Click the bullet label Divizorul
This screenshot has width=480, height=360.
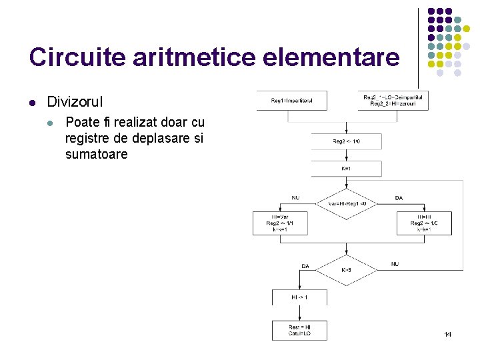tap(75, 102)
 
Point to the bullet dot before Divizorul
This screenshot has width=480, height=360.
tap(32, 103)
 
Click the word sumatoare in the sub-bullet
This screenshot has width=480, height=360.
tap(96, 155)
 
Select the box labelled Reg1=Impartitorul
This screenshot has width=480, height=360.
tap(291, 101)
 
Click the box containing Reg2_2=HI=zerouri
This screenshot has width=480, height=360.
tap(393, 101)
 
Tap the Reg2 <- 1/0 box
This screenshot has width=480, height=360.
tap(346, 141)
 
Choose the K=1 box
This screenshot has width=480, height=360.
tap(346, 169)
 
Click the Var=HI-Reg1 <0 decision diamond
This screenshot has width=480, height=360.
tap(346, 203)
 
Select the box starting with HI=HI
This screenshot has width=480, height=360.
tap(425, 223)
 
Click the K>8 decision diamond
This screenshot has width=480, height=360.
tap(346, 270)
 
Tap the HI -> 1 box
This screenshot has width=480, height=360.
tap(299, 297)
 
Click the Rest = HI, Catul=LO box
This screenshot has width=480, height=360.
tap(299, 330)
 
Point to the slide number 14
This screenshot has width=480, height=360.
tap(447, 333)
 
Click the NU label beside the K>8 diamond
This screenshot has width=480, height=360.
tap(395, 264)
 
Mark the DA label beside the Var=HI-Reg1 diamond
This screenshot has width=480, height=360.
tap(399, 198)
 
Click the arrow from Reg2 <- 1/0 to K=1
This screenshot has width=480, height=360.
tap(346, 156)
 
